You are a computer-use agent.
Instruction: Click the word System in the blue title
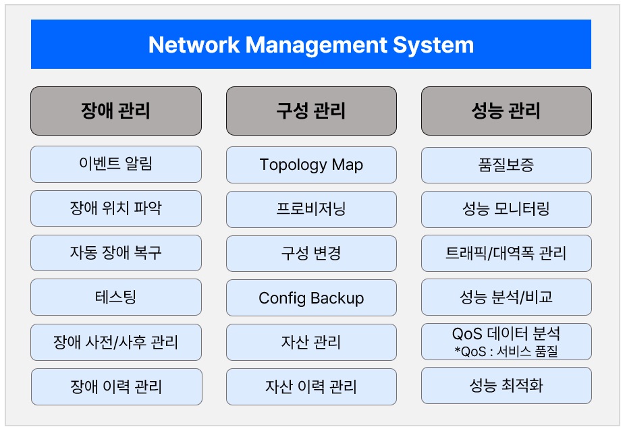[433, 45]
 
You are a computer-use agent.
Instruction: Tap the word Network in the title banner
[194, 45]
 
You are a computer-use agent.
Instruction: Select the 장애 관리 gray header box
[116, 111]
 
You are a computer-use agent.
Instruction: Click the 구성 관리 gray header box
[311, 111]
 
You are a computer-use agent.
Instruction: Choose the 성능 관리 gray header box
[506, 111]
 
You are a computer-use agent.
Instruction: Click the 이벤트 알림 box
[116, 164]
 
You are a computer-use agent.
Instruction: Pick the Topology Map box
[311, 165]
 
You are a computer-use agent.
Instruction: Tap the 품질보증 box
[506, 165]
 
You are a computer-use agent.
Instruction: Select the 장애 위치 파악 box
[116, 208]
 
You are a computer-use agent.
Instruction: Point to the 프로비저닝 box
[311, 210]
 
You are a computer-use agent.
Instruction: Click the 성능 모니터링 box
[506, 210]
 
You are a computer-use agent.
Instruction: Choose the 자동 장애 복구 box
[116, 253]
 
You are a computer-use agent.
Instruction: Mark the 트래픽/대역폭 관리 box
[506, 254]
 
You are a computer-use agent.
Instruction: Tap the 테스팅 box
[116, 297]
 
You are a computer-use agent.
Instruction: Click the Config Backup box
[311, 298]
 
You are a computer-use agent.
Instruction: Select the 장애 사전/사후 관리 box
[116, 342]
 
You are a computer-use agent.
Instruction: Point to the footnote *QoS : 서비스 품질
[506, 351]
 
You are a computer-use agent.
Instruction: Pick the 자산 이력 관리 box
[311, 386]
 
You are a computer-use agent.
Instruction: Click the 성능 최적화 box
[506, 386]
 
